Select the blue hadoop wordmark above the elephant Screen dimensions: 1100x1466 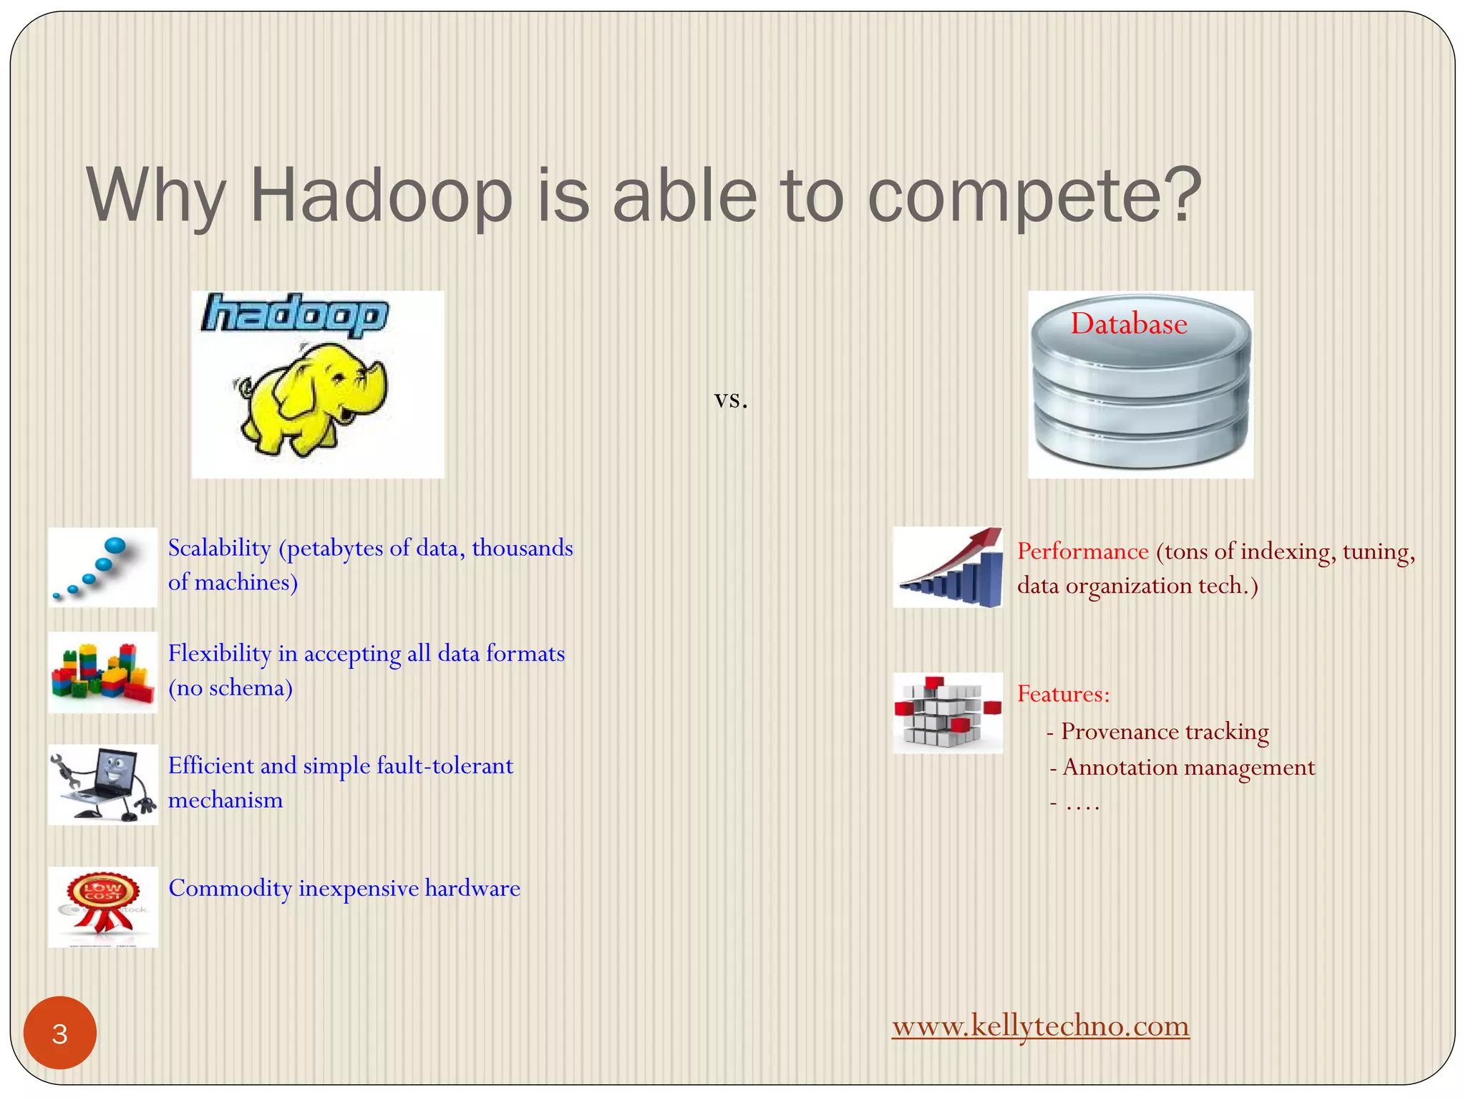tap(295, 315)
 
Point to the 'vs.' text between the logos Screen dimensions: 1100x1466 tap(731, 400)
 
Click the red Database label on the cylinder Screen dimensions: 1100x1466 tap(1128, 324)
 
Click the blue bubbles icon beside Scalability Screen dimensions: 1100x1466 tap(102, 567)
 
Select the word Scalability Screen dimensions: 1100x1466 tap(219, 549)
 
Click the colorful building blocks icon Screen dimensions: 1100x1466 tap(102, 672)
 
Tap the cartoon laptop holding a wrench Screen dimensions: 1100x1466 tap(102, 784)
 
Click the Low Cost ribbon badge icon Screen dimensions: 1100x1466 tap(102, 907)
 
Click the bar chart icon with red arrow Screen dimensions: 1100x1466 tap(948, 567)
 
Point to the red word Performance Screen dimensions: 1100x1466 tap(1082, 551)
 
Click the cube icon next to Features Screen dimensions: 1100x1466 tap(948, 713)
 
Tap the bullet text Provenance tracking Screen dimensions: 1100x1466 tap(1165, 732)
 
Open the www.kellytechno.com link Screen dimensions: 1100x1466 tap(1040, 1026)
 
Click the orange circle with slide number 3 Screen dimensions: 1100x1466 tap(60, 1033)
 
